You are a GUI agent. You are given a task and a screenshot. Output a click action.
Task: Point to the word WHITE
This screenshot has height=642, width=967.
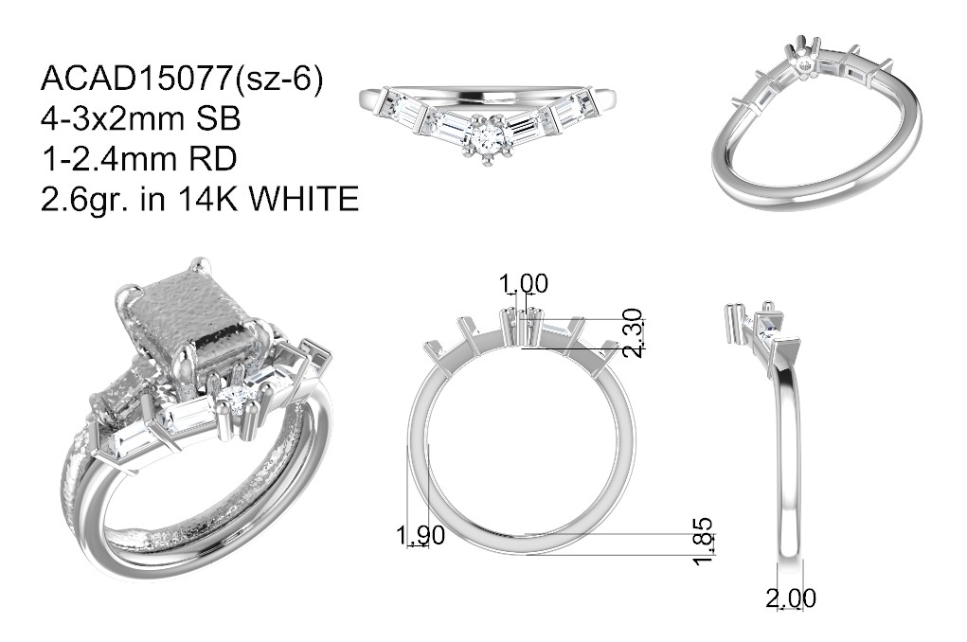(307, 199)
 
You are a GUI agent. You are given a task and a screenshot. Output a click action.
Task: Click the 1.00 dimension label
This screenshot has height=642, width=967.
(523, 284)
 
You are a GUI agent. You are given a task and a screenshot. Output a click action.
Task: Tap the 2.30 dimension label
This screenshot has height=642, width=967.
(634, 333)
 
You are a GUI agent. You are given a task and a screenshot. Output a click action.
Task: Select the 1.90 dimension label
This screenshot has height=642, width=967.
(420, 535)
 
